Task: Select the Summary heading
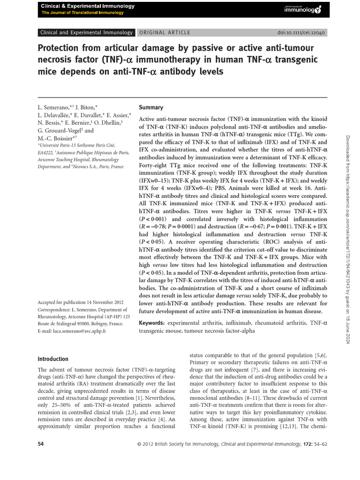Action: [x=151, y=107]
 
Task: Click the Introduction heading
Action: [x=53, y=359]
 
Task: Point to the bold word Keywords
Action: [x=152, y=323]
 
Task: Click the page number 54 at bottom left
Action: [x=40, y=443]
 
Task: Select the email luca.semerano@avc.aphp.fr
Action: [x=72, y=331]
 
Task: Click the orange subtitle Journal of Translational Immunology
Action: [x=82, y=13]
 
